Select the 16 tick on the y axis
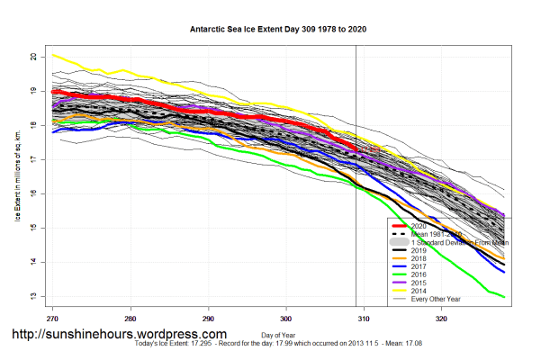click(x=33, y=193)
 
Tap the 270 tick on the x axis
click(x=52, y=318)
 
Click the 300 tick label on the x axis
click(x=286, y=318)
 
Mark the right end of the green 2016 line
click(x=505, y=297)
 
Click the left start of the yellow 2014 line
click(x=52, y=55)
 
